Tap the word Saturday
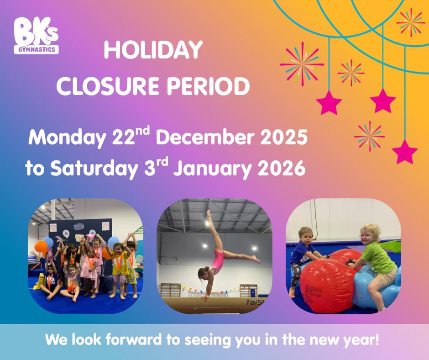91,169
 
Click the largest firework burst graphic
302,64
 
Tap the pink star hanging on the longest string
404,152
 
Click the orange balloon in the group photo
41,247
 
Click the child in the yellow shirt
120,270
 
